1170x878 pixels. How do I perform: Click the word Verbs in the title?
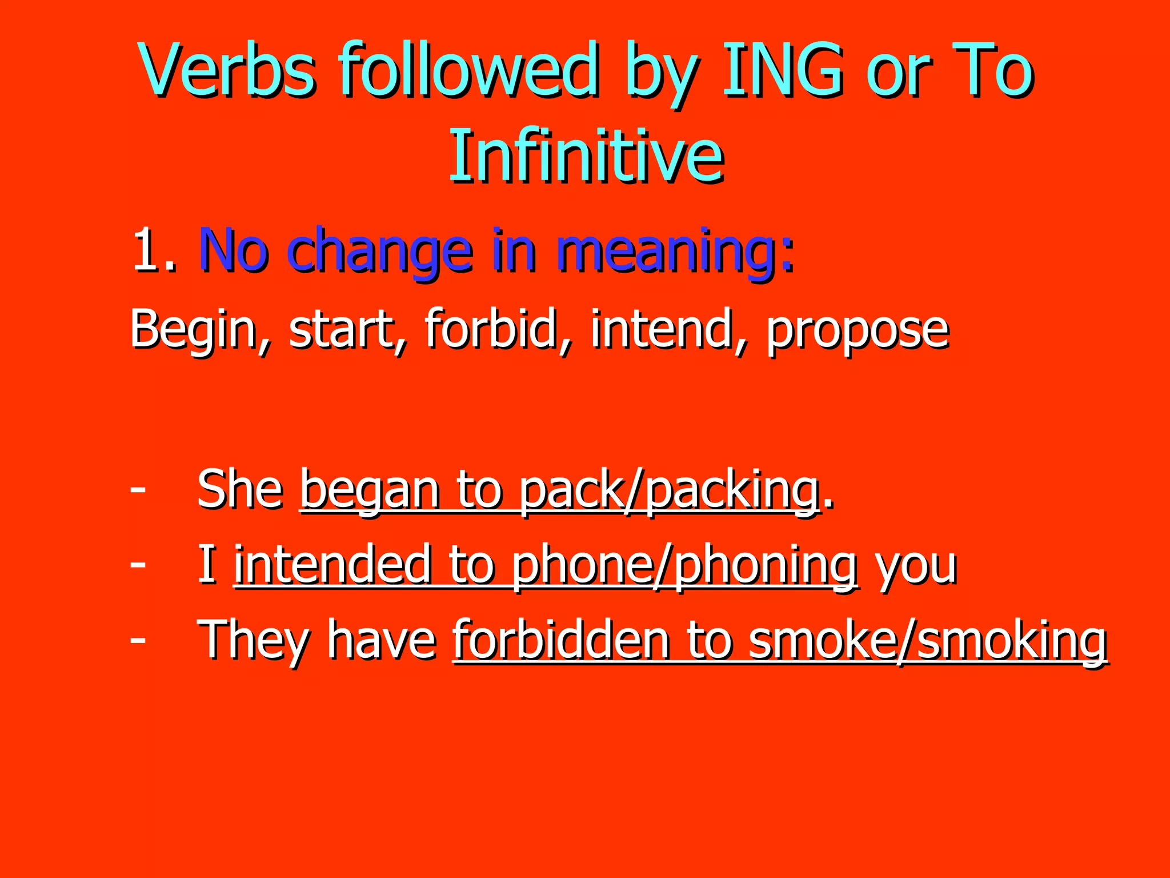click(227, 71)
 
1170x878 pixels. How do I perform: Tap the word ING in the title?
click(782, 71)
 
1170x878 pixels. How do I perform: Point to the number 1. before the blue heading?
click(154, 250)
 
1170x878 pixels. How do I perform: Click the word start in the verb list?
click(342, 330)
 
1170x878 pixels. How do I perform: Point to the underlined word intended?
click(332, 565)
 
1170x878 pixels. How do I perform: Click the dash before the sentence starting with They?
click(138, 639)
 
